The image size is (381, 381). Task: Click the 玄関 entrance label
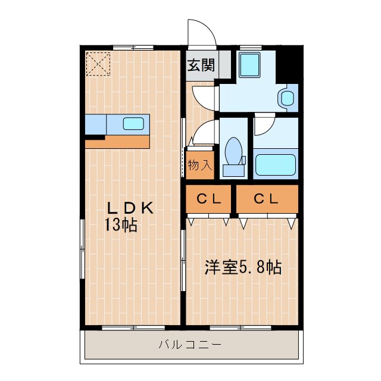point(201,65)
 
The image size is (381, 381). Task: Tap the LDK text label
point(130,208)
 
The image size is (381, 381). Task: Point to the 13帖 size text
point(121,225)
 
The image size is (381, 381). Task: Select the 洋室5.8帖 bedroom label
point(242,267)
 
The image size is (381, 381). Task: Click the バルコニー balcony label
point(190,344)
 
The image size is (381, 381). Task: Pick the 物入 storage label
point(199,165)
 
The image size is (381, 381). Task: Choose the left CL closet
point(209,200)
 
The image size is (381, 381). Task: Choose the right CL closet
point(266,200)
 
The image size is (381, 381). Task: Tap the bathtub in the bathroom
point(275,164)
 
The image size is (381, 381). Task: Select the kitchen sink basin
point(133,124)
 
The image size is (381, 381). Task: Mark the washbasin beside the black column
point(288,98)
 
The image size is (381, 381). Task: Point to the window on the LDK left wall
point(82,250)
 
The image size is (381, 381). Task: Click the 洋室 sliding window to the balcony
point(238,327)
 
